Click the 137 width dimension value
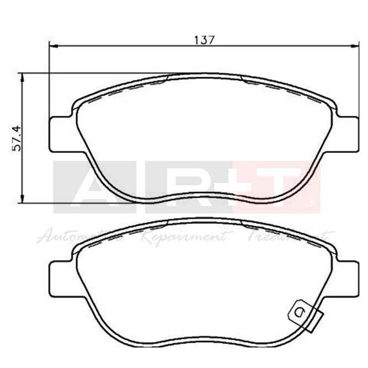pos(203,40)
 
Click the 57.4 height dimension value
pos(18,137)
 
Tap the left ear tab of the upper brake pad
pos(60,135)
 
